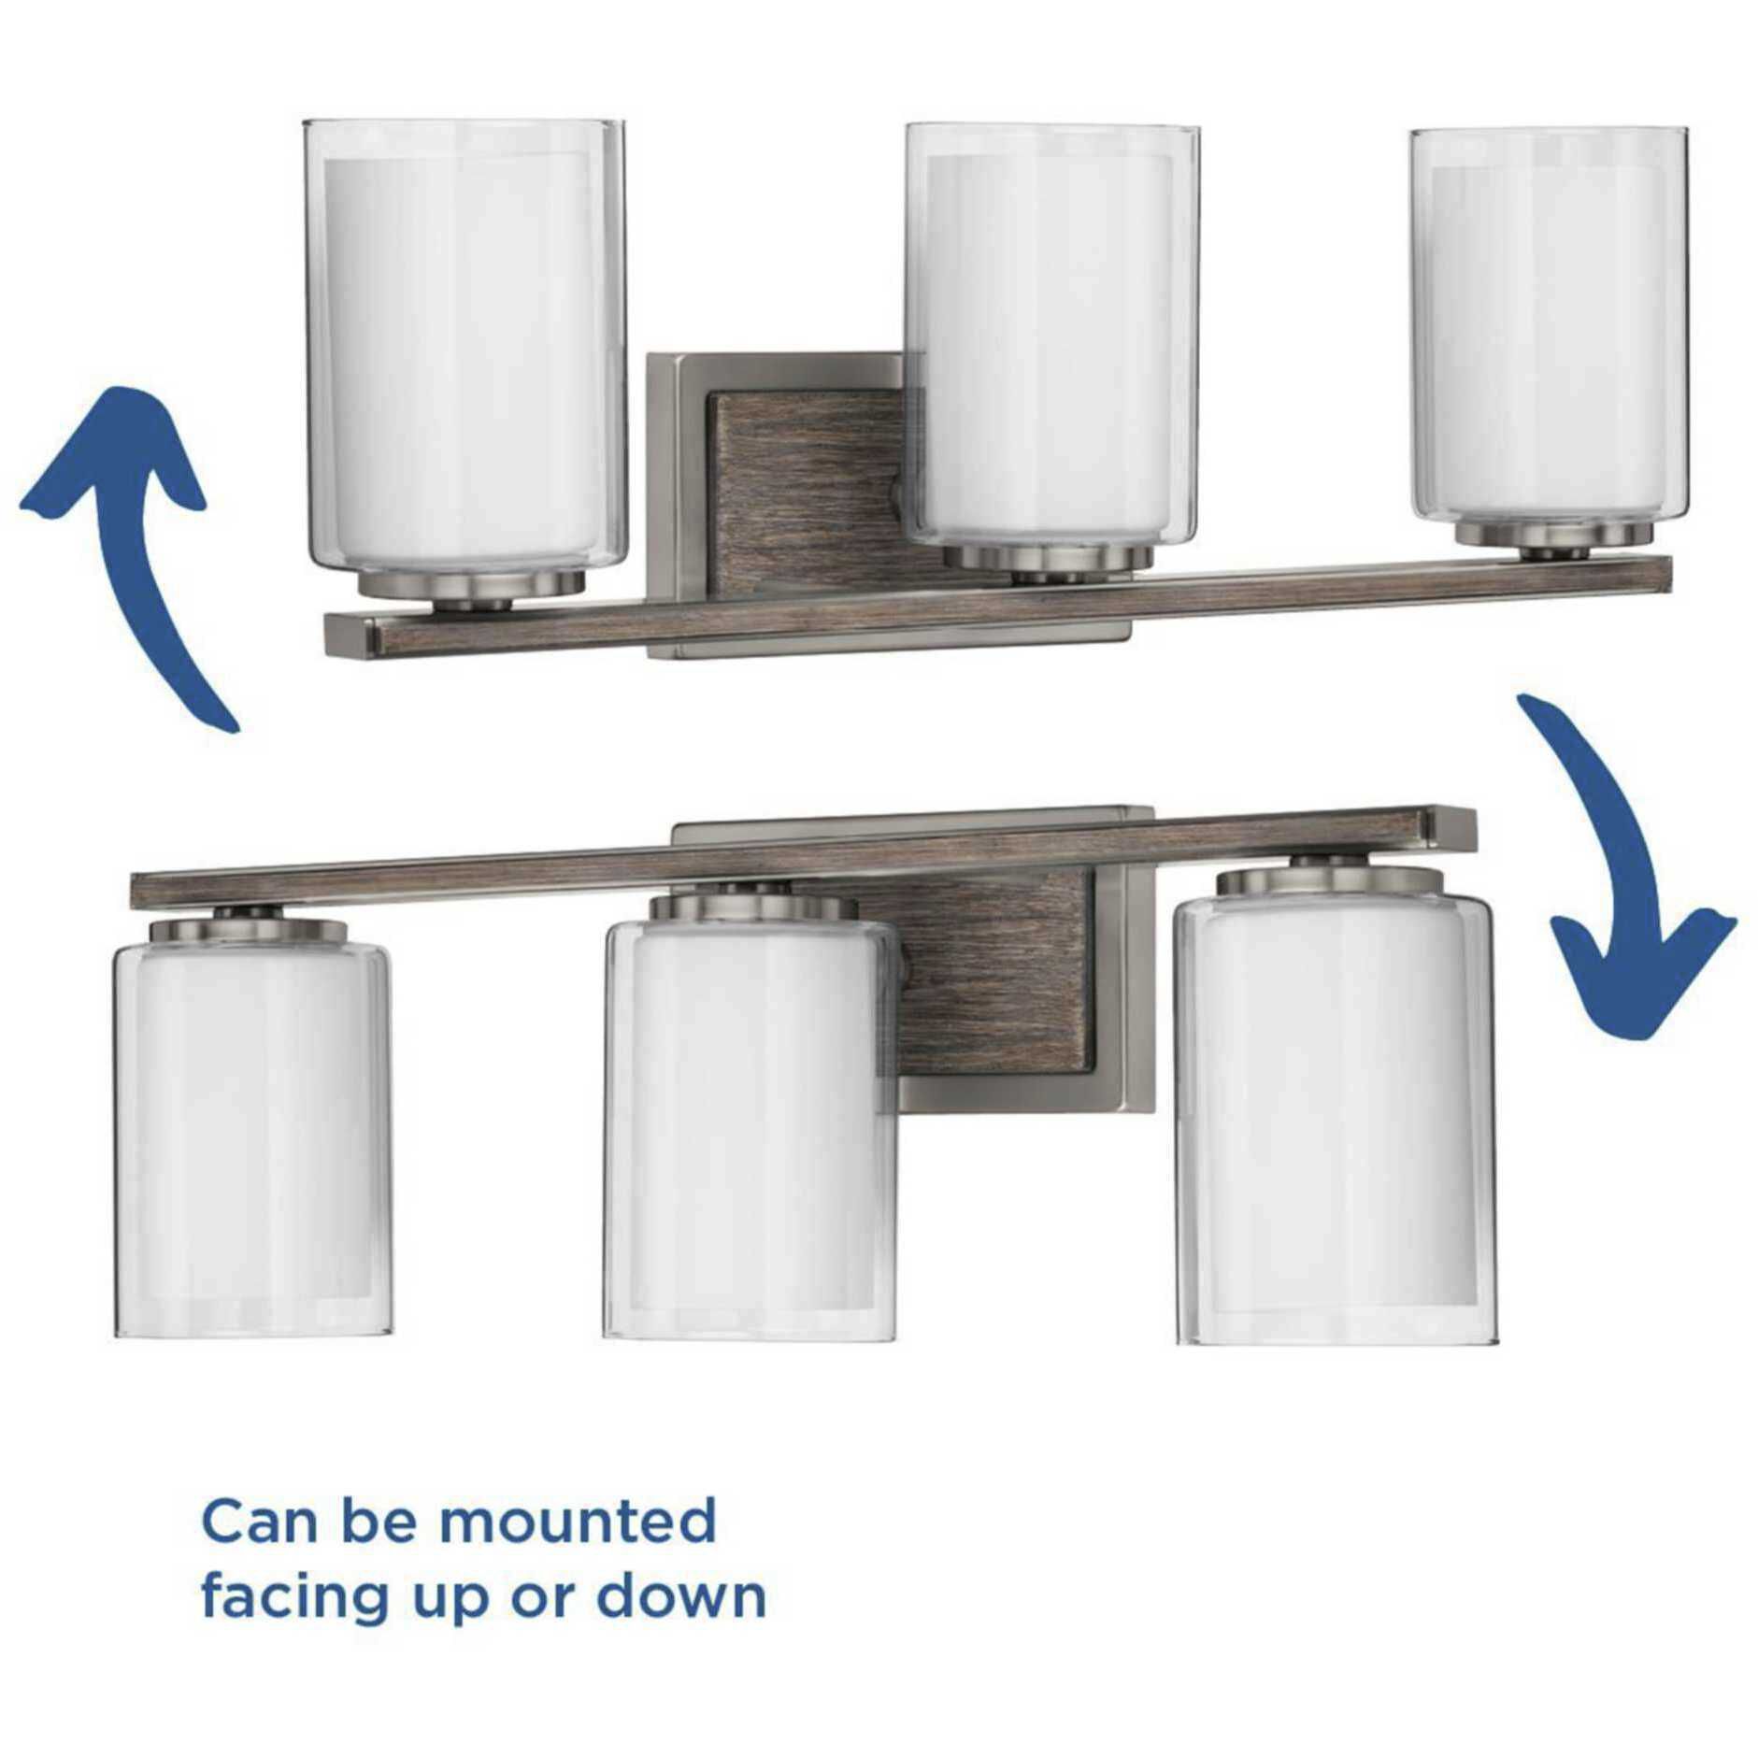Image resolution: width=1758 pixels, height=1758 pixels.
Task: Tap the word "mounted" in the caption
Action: (x=578, y=1522)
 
